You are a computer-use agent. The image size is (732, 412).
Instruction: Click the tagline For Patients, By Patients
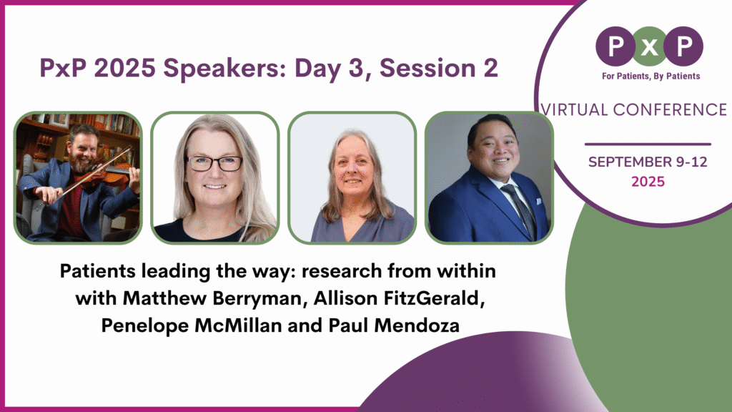click(649, 76)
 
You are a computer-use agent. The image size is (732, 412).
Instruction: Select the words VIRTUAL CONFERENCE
click(634, 109)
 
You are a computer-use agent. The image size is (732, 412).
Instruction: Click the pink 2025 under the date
click(648, 182)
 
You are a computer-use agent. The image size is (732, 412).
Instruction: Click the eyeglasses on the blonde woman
click(214, 163)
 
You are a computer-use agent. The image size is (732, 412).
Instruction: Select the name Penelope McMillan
click(194, 324)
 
